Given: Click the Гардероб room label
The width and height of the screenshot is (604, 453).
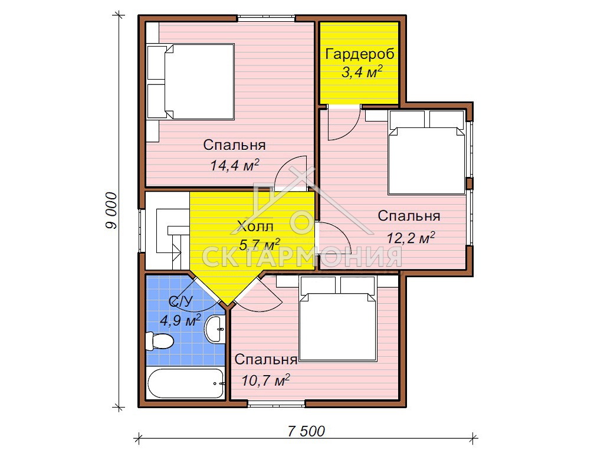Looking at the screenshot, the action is pos(360,54).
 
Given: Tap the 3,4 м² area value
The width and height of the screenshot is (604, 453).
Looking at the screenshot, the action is pos(362,71).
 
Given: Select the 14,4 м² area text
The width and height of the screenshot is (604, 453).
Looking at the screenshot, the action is pos(234,165).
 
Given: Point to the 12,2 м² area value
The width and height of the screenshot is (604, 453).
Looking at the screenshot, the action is pos(411,238).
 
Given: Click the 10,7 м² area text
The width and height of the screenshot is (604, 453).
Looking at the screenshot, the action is pos(265,380).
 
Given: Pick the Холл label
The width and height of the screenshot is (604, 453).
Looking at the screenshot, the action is pos(255,226).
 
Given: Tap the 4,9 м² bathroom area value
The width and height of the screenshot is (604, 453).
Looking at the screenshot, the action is pos(180,320).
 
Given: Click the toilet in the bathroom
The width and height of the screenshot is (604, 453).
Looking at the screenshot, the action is pos(159,341).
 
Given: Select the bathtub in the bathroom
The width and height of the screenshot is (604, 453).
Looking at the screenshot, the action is pos(186,383).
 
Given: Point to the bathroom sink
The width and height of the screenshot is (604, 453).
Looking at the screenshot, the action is pos(214,329).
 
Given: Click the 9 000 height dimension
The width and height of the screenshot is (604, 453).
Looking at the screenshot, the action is pos(111,211).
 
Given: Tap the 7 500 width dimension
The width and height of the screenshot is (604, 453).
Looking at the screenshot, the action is pos(306,431).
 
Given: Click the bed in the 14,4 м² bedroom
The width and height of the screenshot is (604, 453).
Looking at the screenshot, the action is pos(191,81).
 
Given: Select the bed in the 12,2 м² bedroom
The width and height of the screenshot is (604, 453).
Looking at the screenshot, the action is pos(426,152).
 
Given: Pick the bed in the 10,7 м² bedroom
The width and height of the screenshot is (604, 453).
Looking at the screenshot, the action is pos(338,319).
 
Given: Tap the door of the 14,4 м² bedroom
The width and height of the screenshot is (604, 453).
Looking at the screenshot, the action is pos(290,173).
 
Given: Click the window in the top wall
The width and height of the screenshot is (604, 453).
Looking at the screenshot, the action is pos(266,18).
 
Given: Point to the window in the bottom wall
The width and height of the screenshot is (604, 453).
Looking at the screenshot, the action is pos(276,403).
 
